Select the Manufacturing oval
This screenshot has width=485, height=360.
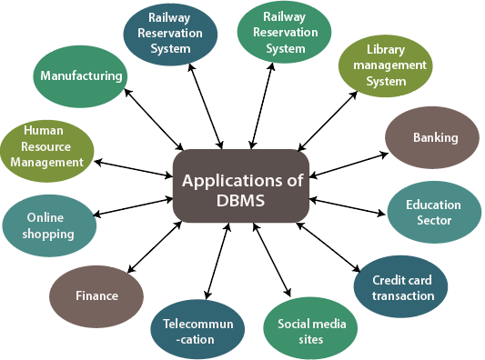coord(82,76)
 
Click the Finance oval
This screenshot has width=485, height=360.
coord(96,295)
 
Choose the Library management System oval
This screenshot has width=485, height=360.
coord(383,65)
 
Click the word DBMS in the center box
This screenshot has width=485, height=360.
coord(243,201)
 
